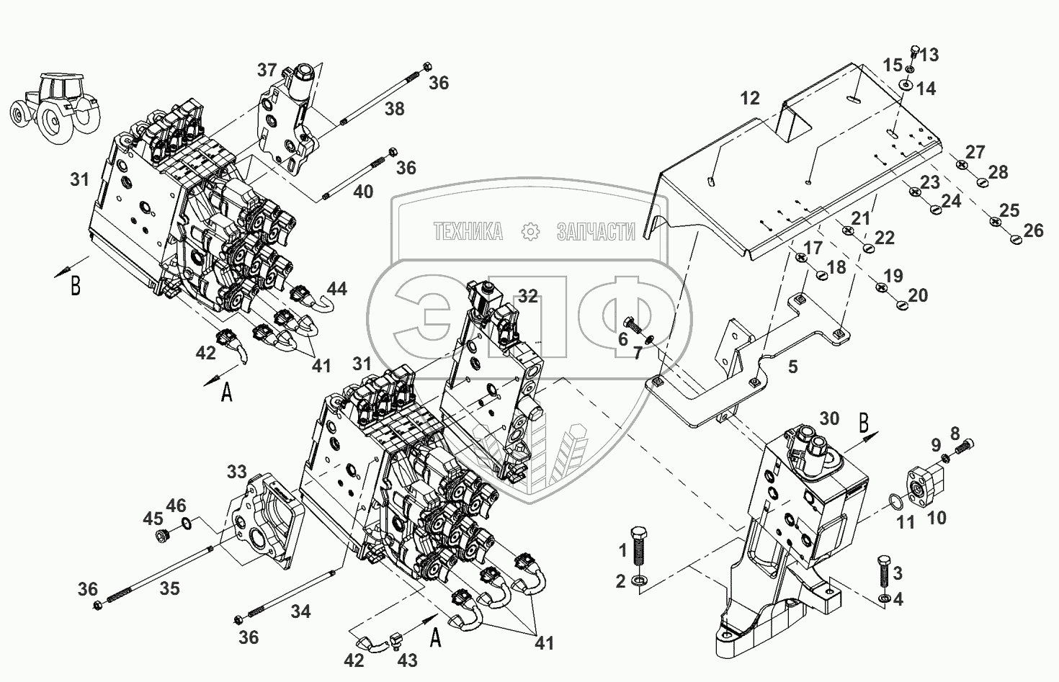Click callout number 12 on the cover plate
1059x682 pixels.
[x=750, y=98]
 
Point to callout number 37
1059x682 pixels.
[x=267, y=70]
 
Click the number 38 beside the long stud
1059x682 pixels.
[x=394, y=109]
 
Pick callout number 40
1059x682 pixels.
[x=364, y=192]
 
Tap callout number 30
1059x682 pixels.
[x=829, y=418]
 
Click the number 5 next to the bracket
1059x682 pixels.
[x=792, y=367]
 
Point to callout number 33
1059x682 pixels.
[x=237, y=473]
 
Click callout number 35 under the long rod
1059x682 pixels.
[x=169, y=588]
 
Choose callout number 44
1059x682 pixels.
[x=336, y=289]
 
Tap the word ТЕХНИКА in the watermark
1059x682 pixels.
[x=468, y=232]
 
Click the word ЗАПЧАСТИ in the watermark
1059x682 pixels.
[x=596, y=232]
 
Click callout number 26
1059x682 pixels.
[x=1033, y=230]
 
